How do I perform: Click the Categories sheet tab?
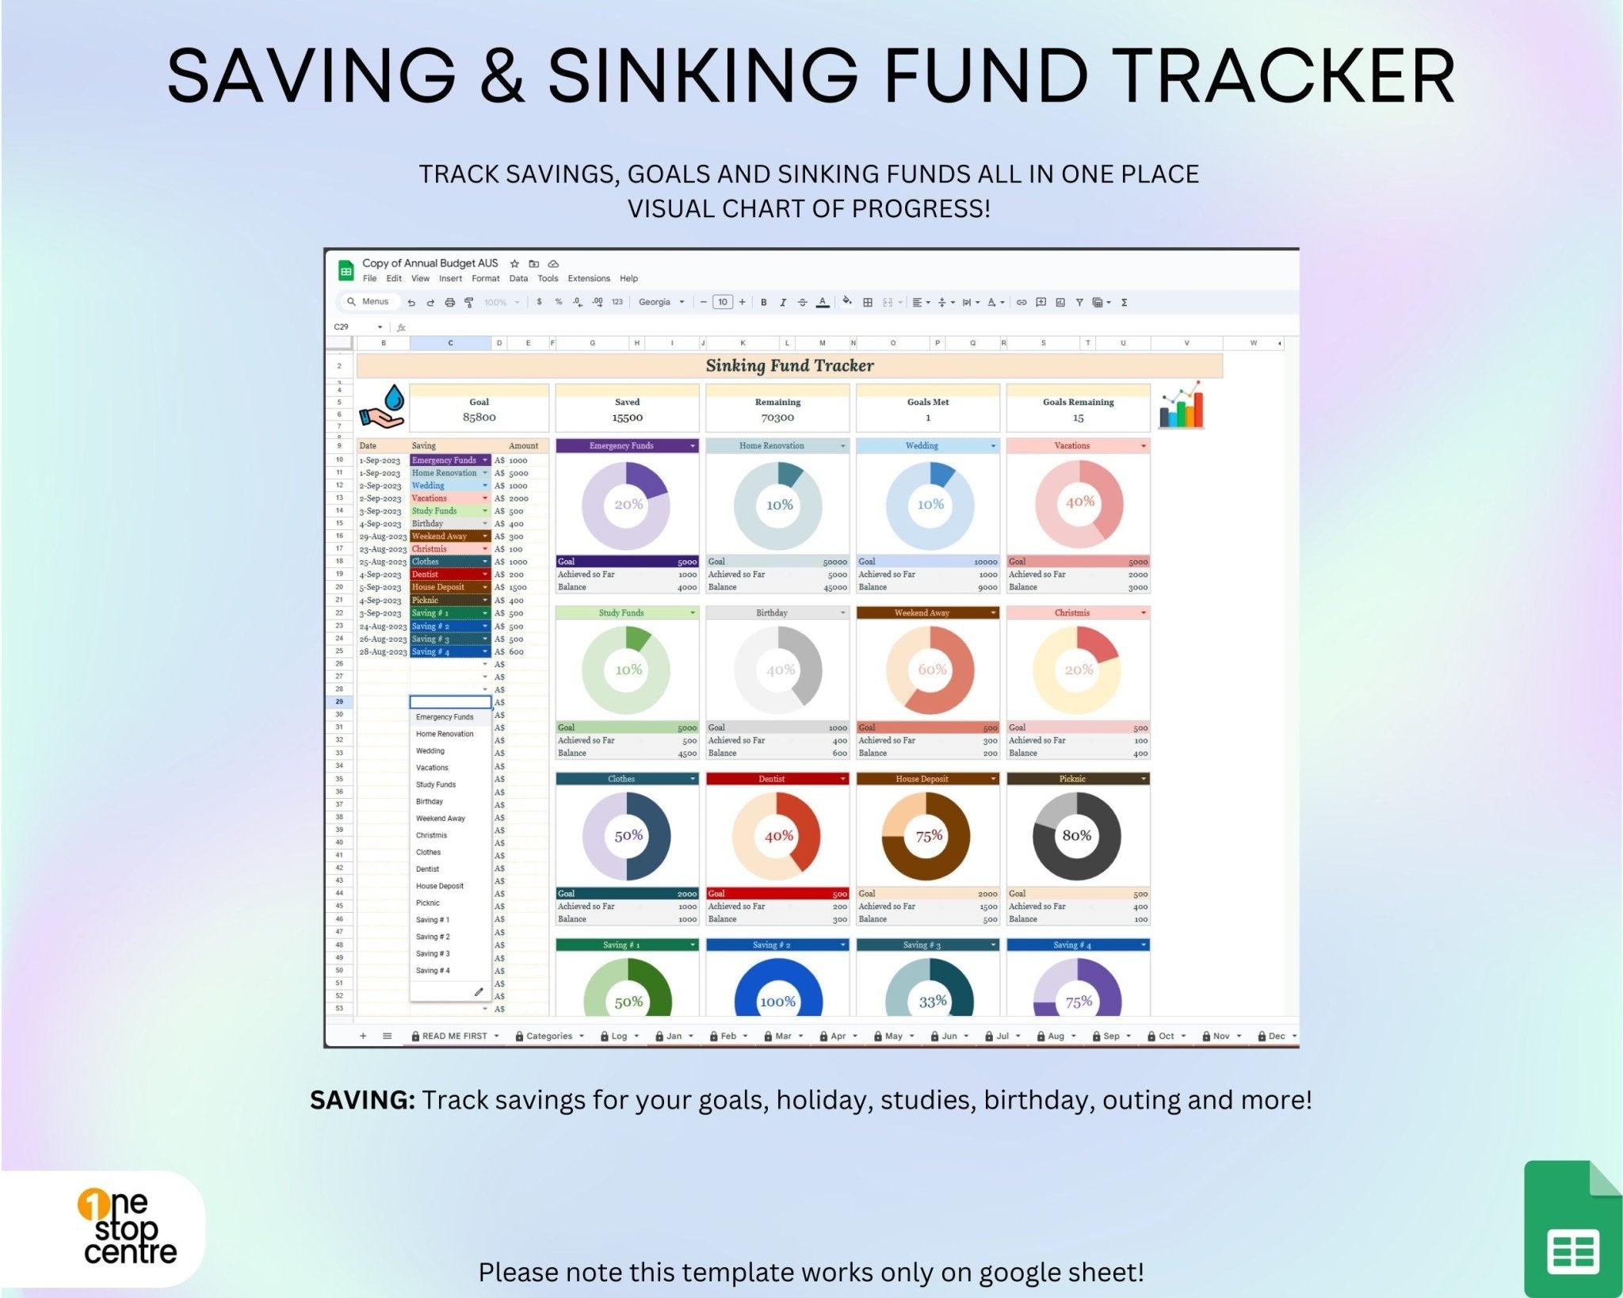[548, 1036]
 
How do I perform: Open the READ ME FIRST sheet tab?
[454, 1036]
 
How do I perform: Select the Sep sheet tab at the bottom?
[1111, 1036]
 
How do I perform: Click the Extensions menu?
[588, 278]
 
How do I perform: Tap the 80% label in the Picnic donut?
[1076, 835]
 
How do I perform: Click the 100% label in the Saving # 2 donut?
[777, 1002]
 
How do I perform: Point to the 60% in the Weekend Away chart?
[931, 670]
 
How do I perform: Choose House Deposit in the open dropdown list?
[440, 886]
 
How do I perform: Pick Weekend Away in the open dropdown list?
[440, 819]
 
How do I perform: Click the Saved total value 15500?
[627, 418]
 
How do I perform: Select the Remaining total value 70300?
[777, 418]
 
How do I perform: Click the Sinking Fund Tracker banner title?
[789, 365]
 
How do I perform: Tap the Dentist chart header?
[771, 779]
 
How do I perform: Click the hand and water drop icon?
[383, 407]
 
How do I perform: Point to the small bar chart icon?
[1181, 406]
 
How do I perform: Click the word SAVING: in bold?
[362, 1100]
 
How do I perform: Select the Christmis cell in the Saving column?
[430, 549]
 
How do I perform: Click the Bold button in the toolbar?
[763, 302]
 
